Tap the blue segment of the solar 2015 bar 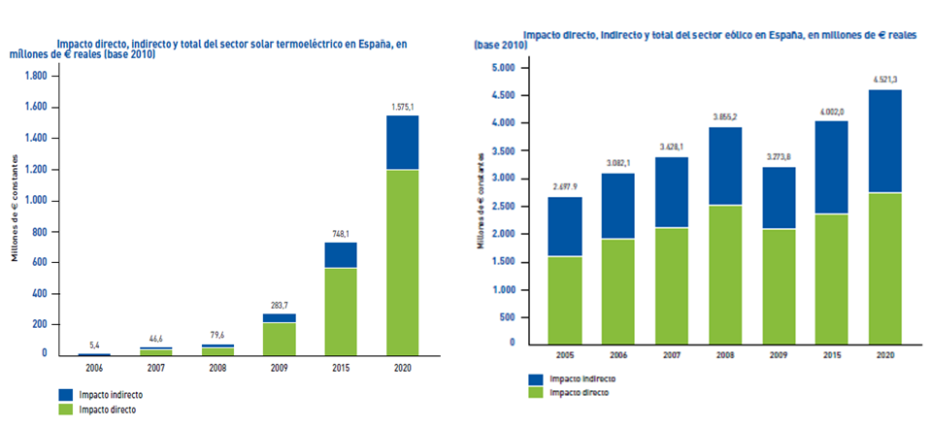tap(340, 254)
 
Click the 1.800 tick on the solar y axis tap(34, 77)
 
